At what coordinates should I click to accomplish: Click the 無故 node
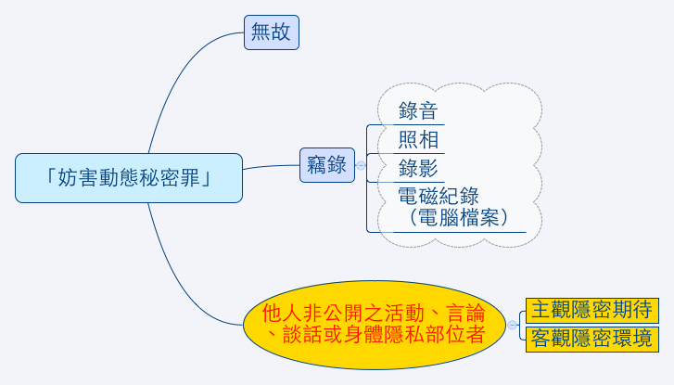[x=272, y=32]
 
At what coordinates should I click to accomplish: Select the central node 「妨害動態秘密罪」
[x=129, y=178]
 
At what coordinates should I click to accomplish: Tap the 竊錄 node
[x=326, y=165]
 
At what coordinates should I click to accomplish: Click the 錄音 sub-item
[x=418, y=111]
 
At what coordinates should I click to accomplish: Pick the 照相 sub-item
[x=418, y=140]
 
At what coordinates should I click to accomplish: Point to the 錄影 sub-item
[x=418, y=168]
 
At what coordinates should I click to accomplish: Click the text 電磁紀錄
[x=438, y=196]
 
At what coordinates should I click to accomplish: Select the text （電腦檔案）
[x=459, y=217]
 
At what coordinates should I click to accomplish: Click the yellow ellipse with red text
[x=375, y=325]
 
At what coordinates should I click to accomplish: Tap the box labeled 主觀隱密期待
[x=591, y=310]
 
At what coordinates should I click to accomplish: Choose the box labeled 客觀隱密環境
[x=591, y=340]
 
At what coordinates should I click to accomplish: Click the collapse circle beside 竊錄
[x=361, y=165]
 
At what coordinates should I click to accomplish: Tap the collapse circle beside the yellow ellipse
[x=512, y=325]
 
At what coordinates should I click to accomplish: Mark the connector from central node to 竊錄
[x=271, y=166]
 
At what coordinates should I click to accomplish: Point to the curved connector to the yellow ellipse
[x=181, y=284]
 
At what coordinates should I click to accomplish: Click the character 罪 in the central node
[x=189, y=178]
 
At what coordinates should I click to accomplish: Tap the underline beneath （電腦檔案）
[x=460, y=232]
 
